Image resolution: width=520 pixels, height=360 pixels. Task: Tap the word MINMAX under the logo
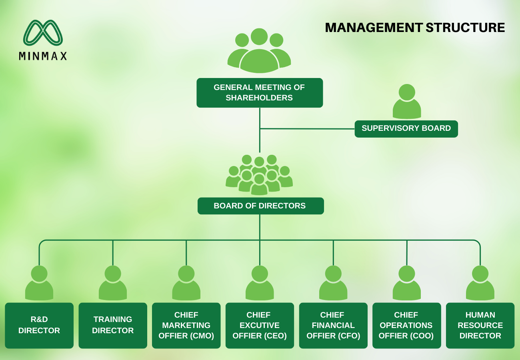(x=43, y=56)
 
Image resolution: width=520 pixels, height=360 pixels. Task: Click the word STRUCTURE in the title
(x=465, y=28)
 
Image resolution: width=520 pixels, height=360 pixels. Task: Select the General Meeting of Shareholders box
(x=260, y=93)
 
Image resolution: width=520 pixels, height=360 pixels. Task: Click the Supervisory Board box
(x=406, y=129)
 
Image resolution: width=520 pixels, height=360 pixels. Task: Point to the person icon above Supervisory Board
(x=407, y=102)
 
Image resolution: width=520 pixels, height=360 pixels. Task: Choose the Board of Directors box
(x=260, y=206)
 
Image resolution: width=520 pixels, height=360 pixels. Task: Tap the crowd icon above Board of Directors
(x=259, y=175)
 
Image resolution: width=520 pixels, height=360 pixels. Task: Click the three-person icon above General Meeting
(x=259, y=50)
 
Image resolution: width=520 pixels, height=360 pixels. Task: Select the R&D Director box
(x=39, y=326)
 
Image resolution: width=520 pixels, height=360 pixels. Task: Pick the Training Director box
(x=113, y=326)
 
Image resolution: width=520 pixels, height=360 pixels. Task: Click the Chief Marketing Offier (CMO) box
(x=186, y=326)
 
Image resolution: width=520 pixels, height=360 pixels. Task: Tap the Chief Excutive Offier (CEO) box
(x=260, y=326)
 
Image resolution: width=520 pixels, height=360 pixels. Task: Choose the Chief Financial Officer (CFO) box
(x=333, y=326)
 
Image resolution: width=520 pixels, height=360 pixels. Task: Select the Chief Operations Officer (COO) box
(x=407, y=326)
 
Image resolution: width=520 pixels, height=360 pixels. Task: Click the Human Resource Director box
(x=480, y=326)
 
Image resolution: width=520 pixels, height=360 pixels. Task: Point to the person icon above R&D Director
(x=39, y=283)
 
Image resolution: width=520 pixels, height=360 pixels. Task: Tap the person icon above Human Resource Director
(x=480, y=283)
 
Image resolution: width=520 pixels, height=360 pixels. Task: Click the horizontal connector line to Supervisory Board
(x=307, y=128)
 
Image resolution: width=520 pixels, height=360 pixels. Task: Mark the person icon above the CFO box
(x=333, y=283)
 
